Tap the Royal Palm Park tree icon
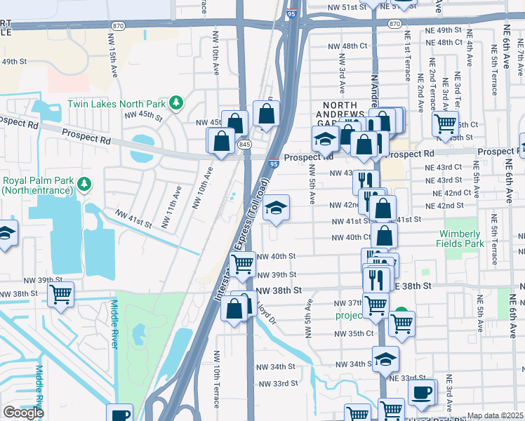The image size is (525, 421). click(85, 185)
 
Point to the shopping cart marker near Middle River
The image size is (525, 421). click(61, 294)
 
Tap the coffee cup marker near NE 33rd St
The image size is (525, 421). click(421, 392)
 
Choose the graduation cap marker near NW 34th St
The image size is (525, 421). click(385, 359)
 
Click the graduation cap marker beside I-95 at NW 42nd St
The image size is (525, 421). click(277, 208)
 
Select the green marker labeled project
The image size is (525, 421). click(400, 313)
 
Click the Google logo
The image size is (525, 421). click(23, 413)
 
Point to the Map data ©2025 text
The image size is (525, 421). click(496, 415)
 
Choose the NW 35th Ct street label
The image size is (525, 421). click(354, 333)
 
